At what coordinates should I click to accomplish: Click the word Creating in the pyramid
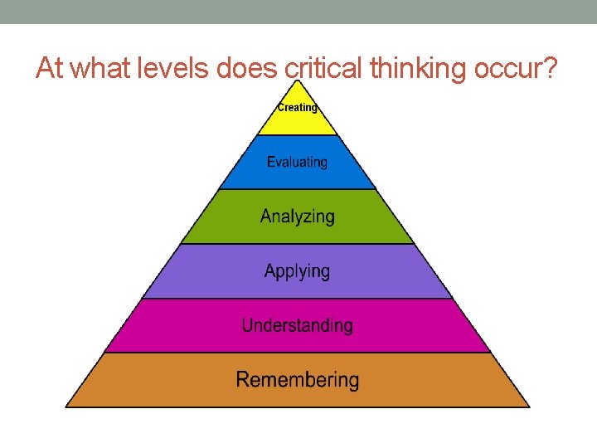[297, 107]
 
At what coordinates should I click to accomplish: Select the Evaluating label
[297, 163]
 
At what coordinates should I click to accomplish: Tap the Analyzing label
[297, 217]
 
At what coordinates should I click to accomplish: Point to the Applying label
[297, 271]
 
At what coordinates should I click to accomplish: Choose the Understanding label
[297, 325]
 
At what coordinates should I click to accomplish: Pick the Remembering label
[297, 380]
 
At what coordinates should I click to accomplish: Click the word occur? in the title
[518, 69]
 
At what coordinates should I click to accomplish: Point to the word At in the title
[50, 69]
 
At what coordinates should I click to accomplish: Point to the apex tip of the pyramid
[298, 82]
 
